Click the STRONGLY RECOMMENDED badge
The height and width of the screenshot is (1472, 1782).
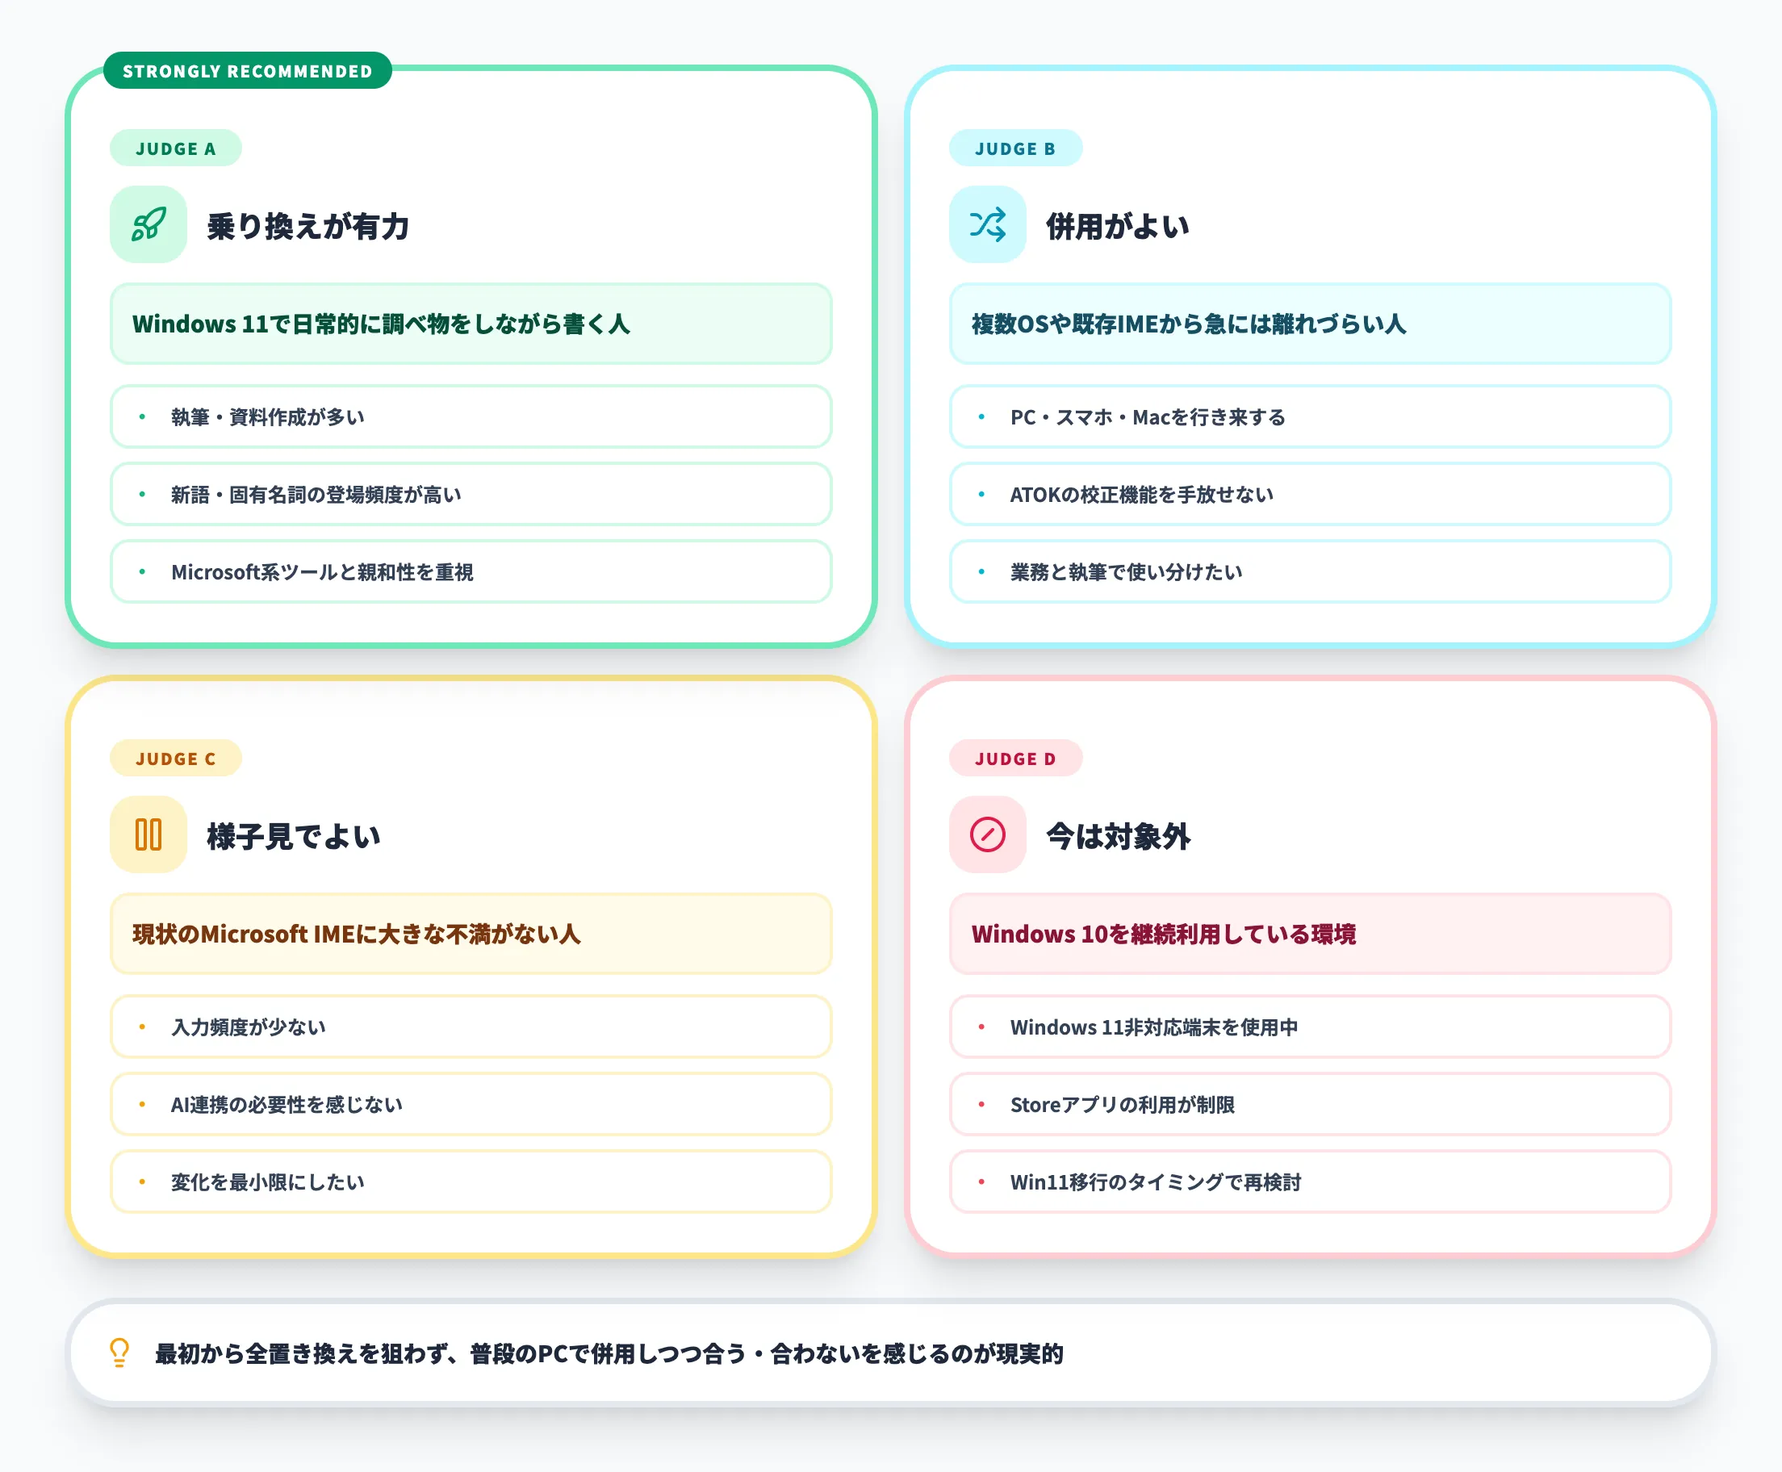[x=247, y=71]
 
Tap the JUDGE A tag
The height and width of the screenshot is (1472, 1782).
[x=175, y=148]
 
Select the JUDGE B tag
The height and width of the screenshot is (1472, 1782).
[x=1014, y=148]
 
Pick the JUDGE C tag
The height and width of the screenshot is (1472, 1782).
[x=175, y=759]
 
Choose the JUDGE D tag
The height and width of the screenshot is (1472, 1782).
[x=1014, y=759]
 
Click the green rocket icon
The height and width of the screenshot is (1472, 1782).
[x=148, y=224]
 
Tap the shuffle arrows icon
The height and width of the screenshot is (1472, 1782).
[x=988, y=224]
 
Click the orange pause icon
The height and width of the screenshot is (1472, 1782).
[x=148, y=835]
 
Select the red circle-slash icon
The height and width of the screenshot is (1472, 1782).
[x=988, y=835]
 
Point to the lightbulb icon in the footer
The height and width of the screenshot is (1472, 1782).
[x=119, y=1353]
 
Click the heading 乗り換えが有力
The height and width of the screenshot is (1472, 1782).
[x=308, y=227]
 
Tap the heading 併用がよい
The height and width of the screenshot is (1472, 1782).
[x=1117, y=227]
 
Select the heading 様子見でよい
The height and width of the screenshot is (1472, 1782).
[x=293, y=837]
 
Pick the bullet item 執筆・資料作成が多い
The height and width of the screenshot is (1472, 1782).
[x=268, y=417]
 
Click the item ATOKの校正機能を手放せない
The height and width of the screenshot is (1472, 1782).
[x=1141, y=495]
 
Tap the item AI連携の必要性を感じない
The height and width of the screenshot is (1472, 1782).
[x=287, y=1105]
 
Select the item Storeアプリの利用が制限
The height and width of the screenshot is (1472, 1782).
[x=1123, y=1105]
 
